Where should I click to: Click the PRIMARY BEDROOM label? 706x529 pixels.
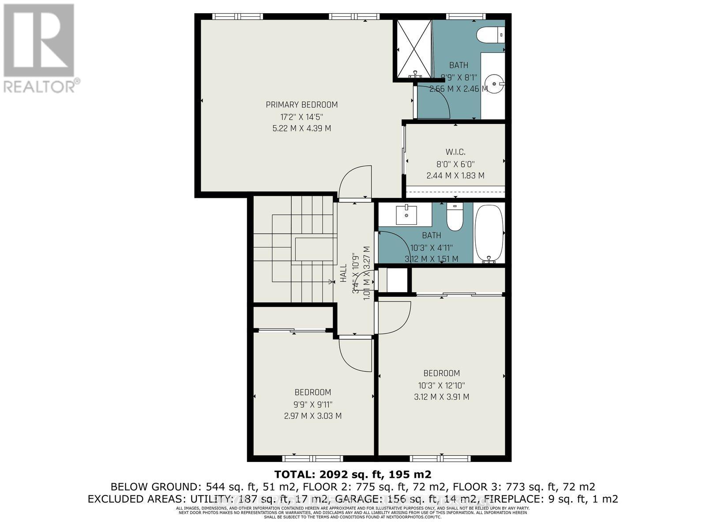pos(302,105)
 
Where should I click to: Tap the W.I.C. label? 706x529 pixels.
pos(455,152)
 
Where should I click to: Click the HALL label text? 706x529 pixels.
pos(343,273)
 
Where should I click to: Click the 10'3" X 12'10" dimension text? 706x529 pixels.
pos(441,385)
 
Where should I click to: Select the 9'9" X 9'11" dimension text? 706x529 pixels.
pos(313,404)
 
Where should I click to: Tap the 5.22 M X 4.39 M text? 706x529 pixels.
pos(302,129)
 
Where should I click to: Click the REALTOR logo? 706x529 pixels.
pos(41,48)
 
